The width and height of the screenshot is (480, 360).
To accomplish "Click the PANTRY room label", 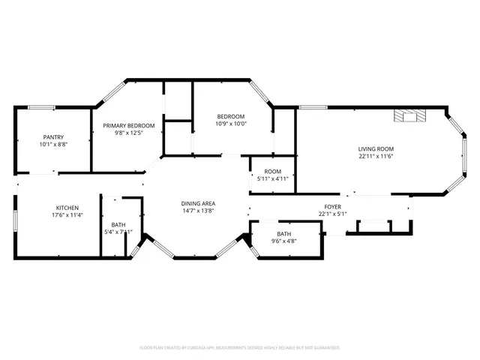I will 53,136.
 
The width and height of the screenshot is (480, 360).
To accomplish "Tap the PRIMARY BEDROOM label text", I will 129,126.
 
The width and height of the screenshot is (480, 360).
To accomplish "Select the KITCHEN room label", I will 67,208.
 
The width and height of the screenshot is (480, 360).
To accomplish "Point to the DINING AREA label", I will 198,204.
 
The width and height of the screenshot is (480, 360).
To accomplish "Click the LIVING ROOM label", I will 376,149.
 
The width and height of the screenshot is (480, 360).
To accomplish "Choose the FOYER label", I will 332,206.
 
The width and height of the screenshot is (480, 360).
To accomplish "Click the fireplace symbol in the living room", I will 410,115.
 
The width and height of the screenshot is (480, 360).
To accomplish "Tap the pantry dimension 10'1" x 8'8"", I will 53,144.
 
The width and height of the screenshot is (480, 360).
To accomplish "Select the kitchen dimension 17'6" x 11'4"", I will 67,215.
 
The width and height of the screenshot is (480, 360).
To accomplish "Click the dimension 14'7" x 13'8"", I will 198,211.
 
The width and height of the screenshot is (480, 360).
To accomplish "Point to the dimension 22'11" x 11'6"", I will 376,157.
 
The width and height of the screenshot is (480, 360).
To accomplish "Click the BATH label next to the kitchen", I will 118,224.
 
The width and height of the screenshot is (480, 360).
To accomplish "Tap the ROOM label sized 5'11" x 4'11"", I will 272,171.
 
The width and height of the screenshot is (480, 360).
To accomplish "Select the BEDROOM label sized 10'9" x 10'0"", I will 231,116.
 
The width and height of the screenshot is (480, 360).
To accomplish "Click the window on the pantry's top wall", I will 41,107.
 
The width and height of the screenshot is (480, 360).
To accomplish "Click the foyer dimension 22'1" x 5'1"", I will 332,214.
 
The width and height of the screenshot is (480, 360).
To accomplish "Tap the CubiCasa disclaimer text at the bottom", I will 240,347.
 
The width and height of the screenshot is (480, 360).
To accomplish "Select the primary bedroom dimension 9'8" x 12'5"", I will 129,133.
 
